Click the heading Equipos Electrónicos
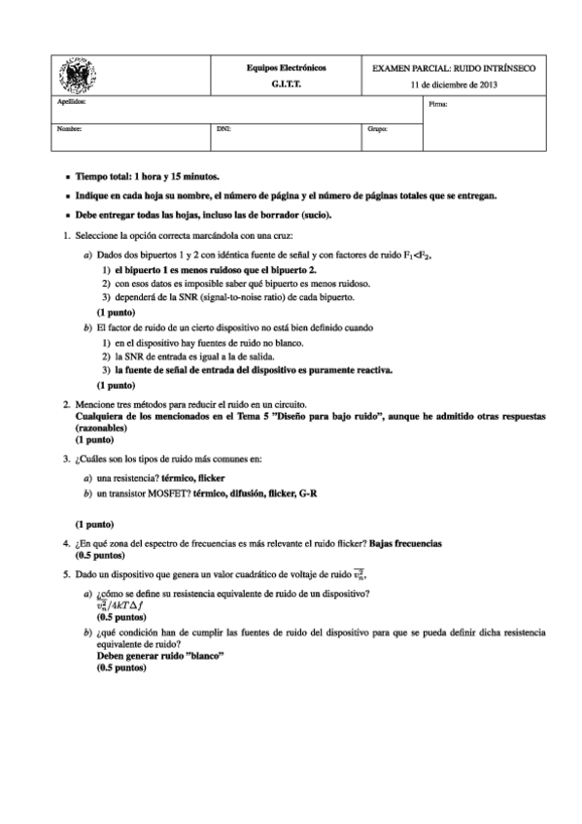click(286, 68)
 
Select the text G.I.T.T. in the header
click(286, 85)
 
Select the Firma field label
click(437, 103)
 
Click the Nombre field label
click(69, 127)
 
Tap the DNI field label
click(223, 127)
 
